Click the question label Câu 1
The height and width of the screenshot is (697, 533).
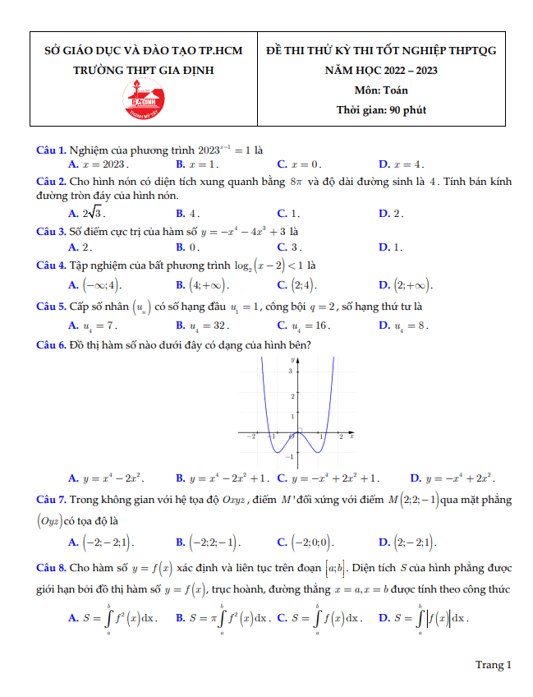click(52, 150)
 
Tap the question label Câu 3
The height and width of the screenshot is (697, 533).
click(52, 231)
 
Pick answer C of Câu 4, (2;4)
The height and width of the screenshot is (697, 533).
click(296, 285)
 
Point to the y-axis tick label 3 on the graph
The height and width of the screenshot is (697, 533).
click(290, 372)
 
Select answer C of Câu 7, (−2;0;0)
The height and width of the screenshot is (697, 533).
click(306, 542)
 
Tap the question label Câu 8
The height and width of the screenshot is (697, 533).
click(52, 568)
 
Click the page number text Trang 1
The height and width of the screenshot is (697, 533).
click(493, 665)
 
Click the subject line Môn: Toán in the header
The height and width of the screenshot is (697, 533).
click(381, 90)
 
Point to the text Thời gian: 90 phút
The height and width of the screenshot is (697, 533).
click(381, 109)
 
